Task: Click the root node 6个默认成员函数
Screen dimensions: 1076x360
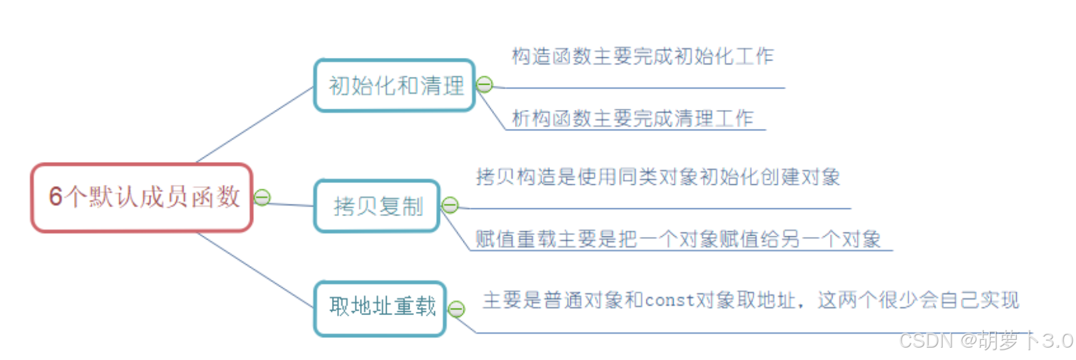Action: [x=142, y=197]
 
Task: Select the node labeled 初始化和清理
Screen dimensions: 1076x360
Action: [x=395, y=85]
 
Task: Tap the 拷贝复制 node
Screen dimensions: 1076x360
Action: [x=378, y=206]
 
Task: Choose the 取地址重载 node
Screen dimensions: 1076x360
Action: [x=381, y=307]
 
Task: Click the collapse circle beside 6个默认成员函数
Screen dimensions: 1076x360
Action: [x=262, y=197]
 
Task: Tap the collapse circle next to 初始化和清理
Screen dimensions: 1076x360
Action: [x=484, y=84]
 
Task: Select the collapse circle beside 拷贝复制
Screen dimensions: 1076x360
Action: [x=450, y=206]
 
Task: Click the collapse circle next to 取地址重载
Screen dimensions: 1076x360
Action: [x=457, y=309]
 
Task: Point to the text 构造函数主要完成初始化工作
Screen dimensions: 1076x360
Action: [x=642, y=57]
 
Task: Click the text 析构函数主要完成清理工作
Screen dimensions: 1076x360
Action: [x=632, y=118]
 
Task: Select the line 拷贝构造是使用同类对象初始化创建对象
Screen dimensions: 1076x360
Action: [x=657, y=177]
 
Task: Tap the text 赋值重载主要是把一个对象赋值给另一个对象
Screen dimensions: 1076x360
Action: [x=678, y=240]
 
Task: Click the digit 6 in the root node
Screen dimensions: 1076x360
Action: [x=56, y=197]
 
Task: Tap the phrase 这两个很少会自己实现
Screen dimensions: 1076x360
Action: [x=918, y=300]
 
